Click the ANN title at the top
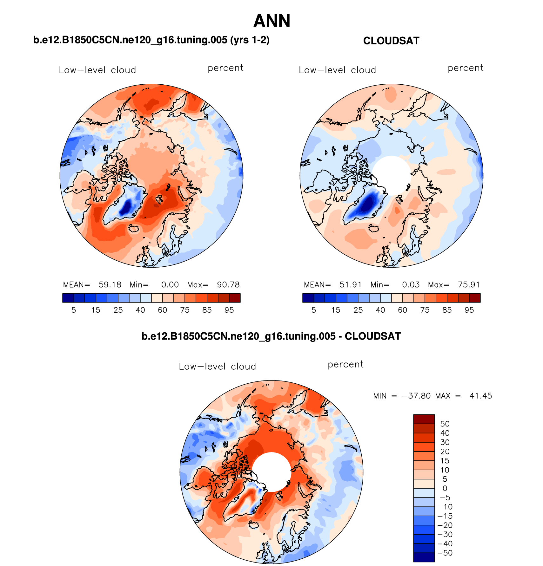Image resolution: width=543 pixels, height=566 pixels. (x=272, y=21)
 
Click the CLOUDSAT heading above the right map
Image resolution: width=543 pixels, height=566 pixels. (x=391, y=41)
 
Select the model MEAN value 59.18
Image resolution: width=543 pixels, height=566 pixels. (x=110, y=285)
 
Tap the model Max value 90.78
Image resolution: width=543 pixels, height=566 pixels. (x=228, y=285)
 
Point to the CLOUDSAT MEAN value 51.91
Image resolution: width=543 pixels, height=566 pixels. (x=351, y=285)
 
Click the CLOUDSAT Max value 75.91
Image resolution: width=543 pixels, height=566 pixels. (x=469, y=285)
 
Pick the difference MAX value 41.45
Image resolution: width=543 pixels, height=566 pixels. (x=480, y=396)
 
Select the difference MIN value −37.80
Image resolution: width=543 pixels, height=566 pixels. (x=416, y=396)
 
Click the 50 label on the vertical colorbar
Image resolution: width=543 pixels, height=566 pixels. (x=445, y=424)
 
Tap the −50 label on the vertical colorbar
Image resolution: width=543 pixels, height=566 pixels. (x=445, y=553)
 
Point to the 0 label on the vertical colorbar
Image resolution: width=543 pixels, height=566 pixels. (x=445, y=489)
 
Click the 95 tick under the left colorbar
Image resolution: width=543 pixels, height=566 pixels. (x=229, y=310)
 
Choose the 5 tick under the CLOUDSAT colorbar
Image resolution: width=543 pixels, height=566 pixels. (x=314, y=310)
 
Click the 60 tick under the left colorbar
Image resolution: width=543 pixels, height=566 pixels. (x=163, y=310)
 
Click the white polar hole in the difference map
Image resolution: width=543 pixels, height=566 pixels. (x=271, y=472)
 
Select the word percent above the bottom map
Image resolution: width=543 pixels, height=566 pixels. (x=345, y=365)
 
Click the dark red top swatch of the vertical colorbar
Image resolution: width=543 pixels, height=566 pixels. (x=424, y=419)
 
